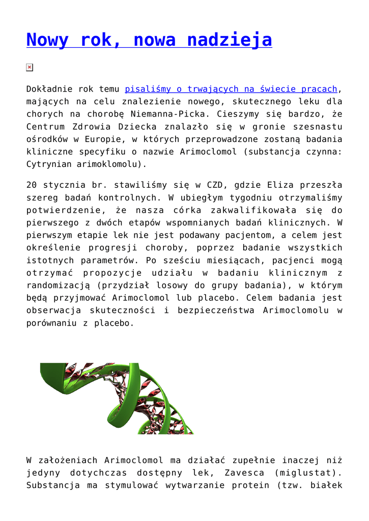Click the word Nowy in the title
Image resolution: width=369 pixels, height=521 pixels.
coord(47,40)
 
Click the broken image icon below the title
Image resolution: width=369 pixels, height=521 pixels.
coord(30,68)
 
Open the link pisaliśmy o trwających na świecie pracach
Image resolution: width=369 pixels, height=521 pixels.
coord(231,89)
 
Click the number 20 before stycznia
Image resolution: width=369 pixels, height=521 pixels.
coord(32,185)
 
